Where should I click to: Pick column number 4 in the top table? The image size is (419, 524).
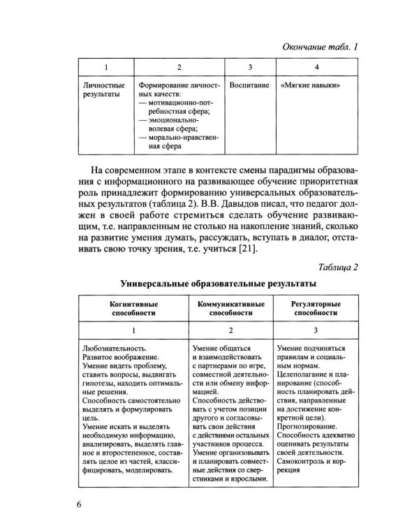tap(317, 67)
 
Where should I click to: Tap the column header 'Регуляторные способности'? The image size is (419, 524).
tap(316, 310)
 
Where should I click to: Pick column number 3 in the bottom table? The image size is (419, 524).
tap(316, 329)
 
